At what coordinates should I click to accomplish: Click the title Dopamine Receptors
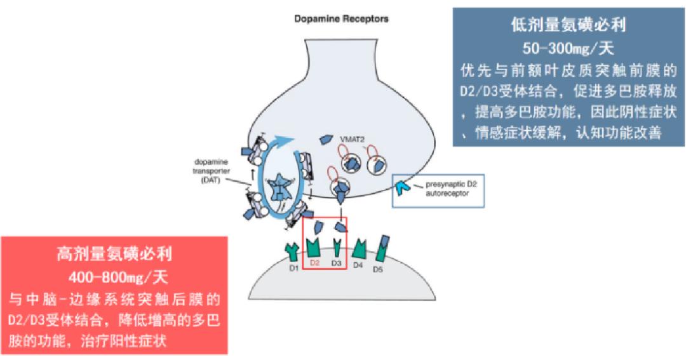pyautogui.click(x=341, y=19)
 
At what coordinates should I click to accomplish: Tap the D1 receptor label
pyautogui.click(x=293, y=268)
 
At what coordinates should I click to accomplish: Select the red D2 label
pyautogui.click(x=315, y=263)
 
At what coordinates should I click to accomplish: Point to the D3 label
pyautogui.click(x=336, y=263)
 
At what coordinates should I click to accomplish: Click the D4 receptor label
pyautogui.click(x=358, y=265)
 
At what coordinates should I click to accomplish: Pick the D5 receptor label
pyautogui.click(x=377, y=269)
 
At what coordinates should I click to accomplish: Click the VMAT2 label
pyautogui.click(x=352, y=140)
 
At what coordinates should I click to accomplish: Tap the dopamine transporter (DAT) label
pyautogui.click(x=211, y=171)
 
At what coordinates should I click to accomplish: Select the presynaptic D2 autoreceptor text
pyautogui.click(x=451, y=189)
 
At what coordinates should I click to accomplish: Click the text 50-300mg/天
pyautogui.click(x=568, y=48)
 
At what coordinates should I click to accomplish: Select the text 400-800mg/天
pyautogui.click(x=118, y=277)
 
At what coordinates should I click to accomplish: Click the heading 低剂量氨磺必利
pyautogui.click(x=568, y=25)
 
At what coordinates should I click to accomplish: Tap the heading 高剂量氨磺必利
pyautogui.click(x=114, y=254)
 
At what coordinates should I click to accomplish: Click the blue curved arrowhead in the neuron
pyautogui.click(x=285, y=140)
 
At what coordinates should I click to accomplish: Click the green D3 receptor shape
pyautogui.click(x=337, y=248)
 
